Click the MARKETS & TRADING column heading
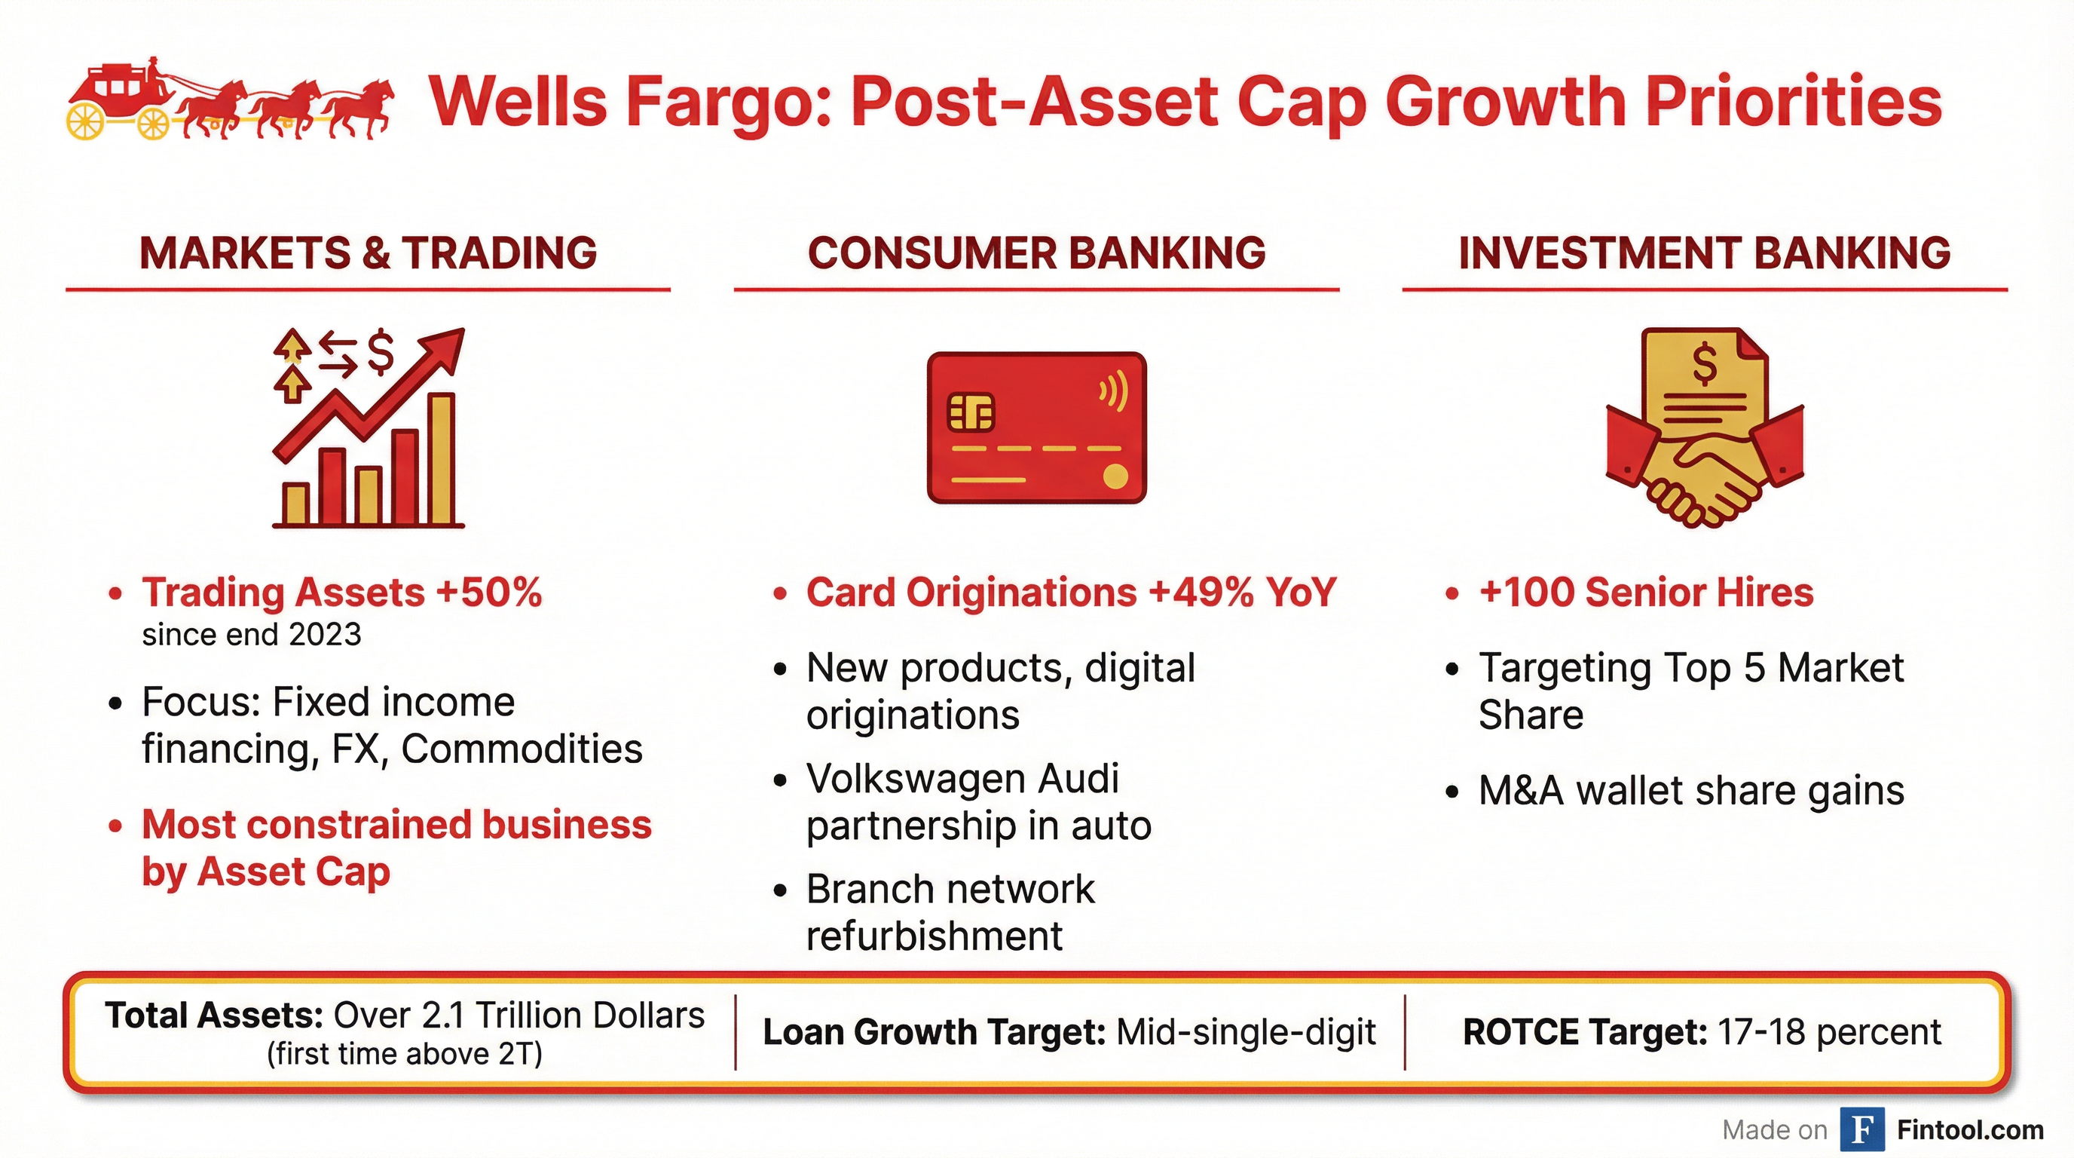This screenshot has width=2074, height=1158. (x=368, y=253)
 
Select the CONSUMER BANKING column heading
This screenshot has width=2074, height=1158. (x=1037, y=253)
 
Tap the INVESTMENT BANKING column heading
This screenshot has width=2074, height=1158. (x=1705, y=253)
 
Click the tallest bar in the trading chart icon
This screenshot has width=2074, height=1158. (x=441, y=458)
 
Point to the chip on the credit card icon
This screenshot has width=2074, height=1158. (x=970, y=413)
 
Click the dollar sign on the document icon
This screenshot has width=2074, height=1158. (x=1705, y=364)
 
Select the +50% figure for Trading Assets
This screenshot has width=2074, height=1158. (x=488, y=593)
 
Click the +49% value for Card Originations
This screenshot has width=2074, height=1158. (x=1201, y=593)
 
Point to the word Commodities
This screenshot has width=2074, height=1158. (x=522, y=749)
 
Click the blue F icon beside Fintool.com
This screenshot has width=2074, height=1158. (x=1862, y=1130)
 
